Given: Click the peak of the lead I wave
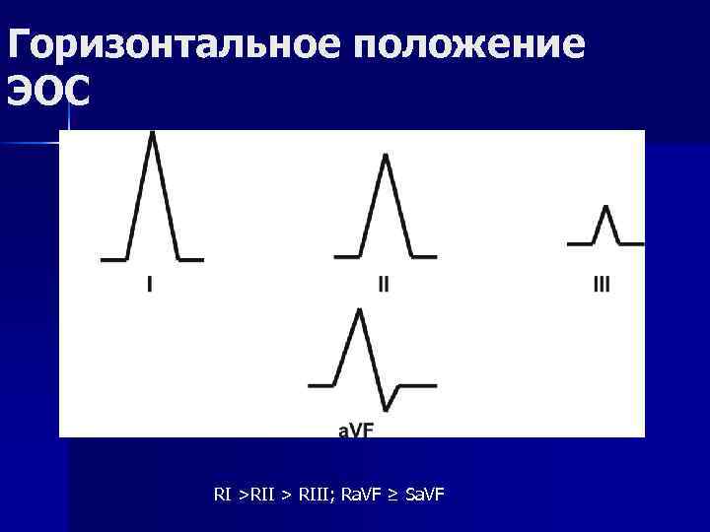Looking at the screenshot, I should [152, 133].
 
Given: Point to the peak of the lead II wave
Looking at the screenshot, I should [385, 155].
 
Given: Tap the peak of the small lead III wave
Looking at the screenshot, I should [605, 207].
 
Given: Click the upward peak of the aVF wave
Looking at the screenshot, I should [360, 310].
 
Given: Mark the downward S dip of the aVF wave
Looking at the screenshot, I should [387, 408].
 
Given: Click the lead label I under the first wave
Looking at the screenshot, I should [149, 285].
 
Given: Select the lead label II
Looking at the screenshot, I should [384, 285].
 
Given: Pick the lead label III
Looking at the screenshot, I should [602, 285].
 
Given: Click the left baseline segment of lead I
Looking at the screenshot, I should [113, 260].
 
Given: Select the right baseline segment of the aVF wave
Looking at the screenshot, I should [416, 384].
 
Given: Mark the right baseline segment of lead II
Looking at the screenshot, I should [422, 257].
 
